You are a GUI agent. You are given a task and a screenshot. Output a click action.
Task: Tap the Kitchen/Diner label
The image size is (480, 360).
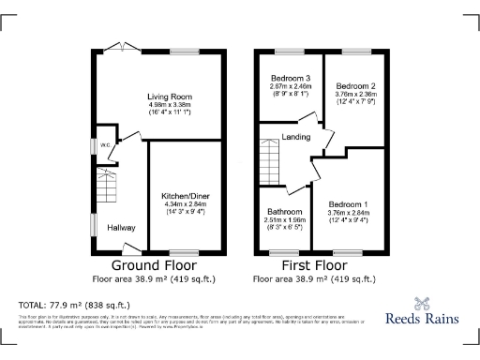[187, 196]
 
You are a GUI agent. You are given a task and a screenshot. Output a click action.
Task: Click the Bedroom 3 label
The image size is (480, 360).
[291, 78]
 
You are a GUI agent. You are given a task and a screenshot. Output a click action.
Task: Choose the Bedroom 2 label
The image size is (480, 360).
[355, 85]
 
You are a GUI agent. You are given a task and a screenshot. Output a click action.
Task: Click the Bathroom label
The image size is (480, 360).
[282, 212]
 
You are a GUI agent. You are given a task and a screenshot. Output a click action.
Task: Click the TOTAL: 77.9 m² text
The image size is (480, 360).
[74, 306]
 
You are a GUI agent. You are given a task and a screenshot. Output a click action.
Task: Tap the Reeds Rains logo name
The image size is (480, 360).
[422, 319]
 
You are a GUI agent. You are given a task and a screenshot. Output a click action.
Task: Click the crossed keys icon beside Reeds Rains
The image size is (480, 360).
[422, 303]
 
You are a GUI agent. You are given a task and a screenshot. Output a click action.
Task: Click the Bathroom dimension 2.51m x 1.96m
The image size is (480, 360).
[282, 220]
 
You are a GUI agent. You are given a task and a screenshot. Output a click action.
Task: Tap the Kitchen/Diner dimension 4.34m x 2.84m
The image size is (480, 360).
[187, 204]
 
